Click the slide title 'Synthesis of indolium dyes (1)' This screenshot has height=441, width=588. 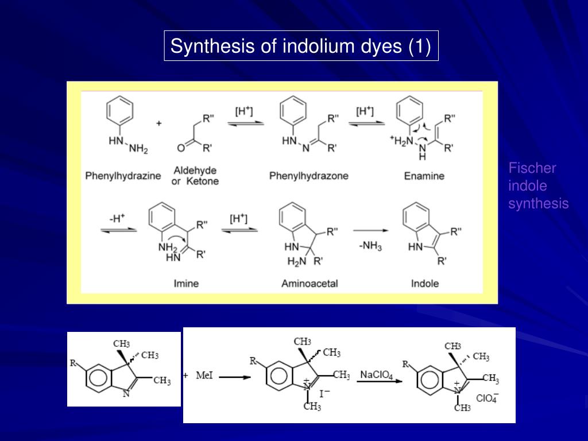pyautogui.click(x=301, y=46)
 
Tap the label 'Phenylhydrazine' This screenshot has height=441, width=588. pyautogui.click(x=123, y=176)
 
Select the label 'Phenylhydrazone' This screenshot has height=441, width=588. pyautogui.click(x=308, y=176)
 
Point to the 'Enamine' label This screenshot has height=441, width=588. pyautogui.click(x=424, y=176)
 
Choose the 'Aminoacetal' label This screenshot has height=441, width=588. pyautogui.click(x=310, y=283)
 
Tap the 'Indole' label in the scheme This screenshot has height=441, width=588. pyautogui.click(x=425, y=283)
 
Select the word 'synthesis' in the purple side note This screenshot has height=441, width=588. pyautogui.click(x=538, y=203)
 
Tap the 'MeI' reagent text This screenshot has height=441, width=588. pyautogui.click(x=205, y=376)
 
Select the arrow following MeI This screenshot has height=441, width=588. pyautogui.click(x=235, y=377)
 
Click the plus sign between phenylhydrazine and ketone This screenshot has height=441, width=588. pyautogui.click(x=159, y=123)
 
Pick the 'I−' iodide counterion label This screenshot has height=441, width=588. pyautogui.click(x=324, y=393)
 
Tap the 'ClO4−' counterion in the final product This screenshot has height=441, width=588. pyautogui.click(x=486, y=397)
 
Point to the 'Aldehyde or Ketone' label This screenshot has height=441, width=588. pyautogui.click(x=195, y=176)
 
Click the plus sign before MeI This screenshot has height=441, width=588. pyautogui.click(x=185, y=376)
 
